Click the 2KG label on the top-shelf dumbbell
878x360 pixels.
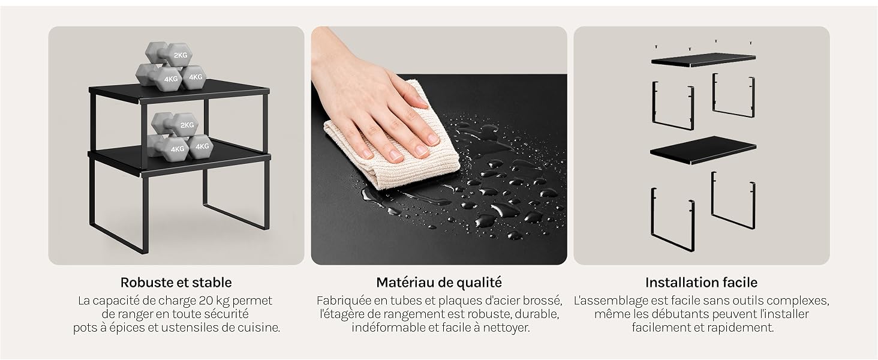click(181, 55)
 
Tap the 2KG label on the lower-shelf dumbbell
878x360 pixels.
click(187, 125)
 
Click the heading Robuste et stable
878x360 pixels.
click(176, 283)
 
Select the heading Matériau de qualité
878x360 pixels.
click(439, 283)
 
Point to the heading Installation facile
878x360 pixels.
click(701, 283)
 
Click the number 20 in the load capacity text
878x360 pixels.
click(206, 301)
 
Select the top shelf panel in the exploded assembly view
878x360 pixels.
click(703, 59)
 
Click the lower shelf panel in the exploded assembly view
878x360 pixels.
click(703, 150)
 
